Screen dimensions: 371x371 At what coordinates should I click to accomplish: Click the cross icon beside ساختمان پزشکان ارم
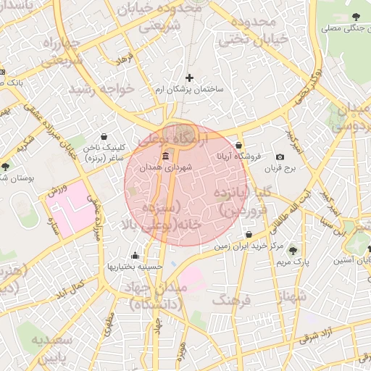click(x=190, y=78)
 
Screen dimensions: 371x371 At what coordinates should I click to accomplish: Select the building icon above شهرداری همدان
click(x=167, y=157)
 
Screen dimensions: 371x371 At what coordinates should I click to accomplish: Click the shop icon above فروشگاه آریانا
click(x=239, y=146)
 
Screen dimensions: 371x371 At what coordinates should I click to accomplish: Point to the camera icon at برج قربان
click(x=280, y=157)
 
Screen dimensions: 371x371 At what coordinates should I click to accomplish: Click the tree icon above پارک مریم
click(x=293, y=249)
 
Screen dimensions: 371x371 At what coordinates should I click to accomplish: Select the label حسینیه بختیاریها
click(x=134, y=266)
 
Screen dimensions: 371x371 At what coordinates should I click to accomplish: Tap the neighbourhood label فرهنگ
click(x=232, y=299)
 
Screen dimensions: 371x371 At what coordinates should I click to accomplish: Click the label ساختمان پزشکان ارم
click(x=190, y=89)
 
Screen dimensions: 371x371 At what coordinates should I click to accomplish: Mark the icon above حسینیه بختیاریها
click(x=135, y=255)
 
